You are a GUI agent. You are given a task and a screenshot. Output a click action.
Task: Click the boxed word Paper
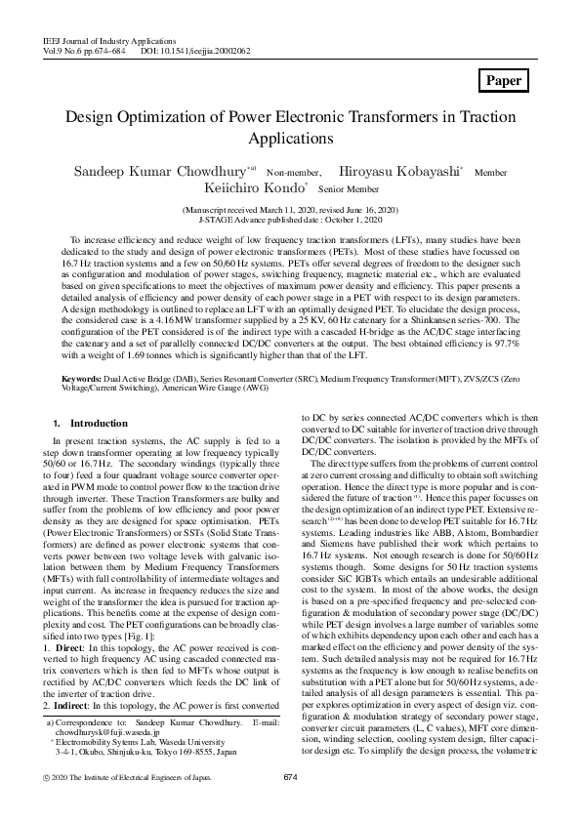[x=504, y=81]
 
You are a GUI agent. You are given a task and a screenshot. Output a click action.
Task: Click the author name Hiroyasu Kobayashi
[x=399, y=171]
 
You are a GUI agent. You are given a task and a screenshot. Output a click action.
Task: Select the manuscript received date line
[x=290, y=210]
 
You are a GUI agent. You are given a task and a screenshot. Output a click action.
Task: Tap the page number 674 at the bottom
[x=289, y=777]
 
